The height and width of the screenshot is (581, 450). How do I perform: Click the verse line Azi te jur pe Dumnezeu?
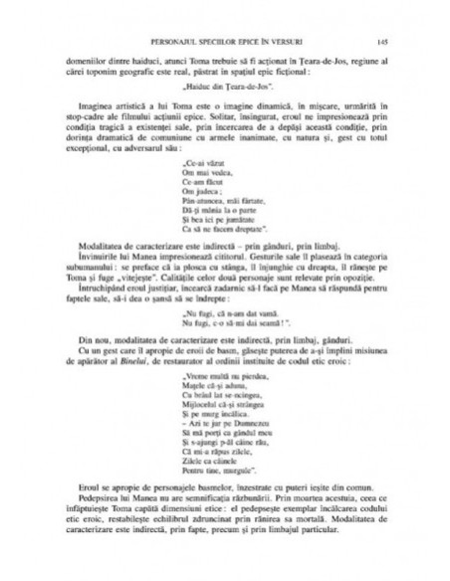tap(225, 469)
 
